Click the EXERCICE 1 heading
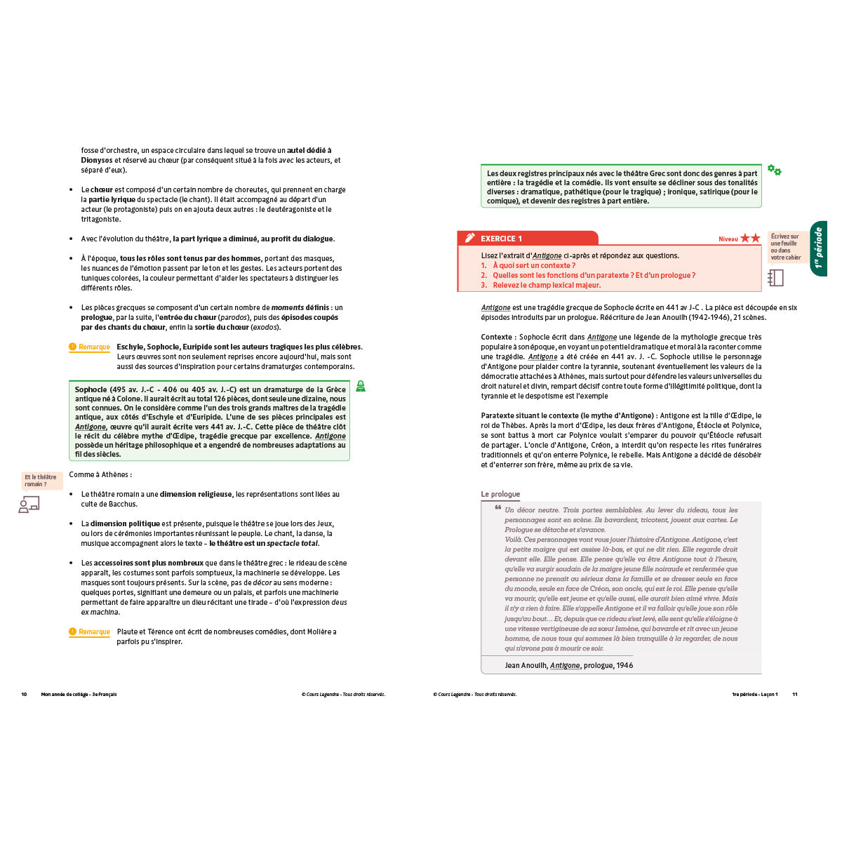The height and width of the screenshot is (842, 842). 501,239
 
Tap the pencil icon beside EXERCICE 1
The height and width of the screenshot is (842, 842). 470,239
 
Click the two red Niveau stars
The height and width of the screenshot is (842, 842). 750,239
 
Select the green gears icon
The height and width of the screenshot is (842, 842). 774,170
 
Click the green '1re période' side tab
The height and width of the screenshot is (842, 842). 818,248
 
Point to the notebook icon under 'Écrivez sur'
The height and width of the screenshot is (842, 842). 775,278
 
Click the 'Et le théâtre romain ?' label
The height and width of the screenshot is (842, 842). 41,481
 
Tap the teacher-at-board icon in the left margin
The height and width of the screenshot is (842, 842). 29,504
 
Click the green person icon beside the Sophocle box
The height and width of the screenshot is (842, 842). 361,386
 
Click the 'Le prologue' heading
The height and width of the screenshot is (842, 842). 500,494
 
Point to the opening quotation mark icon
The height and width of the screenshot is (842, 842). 497,507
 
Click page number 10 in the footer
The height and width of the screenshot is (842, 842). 24,695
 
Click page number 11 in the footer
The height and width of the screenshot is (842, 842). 795,695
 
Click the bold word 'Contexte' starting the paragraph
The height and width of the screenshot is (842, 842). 497,338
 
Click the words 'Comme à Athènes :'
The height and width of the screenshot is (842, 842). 100,475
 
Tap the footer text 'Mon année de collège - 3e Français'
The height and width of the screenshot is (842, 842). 79,695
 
